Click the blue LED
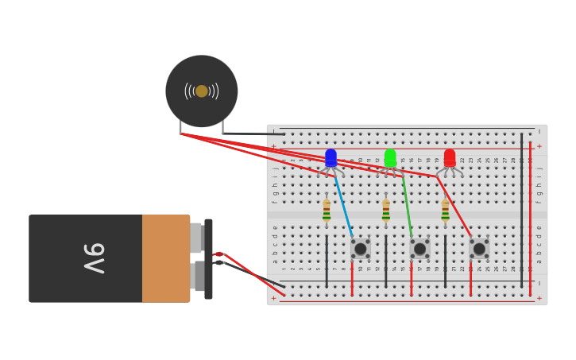331,158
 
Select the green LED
390,158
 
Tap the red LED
450,158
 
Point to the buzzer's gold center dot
202,91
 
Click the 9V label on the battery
94,258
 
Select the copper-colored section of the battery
165,258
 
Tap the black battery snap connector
208,258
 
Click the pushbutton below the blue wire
360,249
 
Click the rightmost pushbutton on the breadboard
479,249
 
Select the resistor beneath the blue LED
327,210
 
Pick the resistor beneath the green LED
386,210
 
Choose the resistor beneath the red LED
446,210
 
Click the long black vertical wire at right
522,207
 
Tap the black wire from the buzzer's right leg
254,134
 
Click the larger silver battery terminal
196,238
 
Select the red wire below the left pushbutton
352,278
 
